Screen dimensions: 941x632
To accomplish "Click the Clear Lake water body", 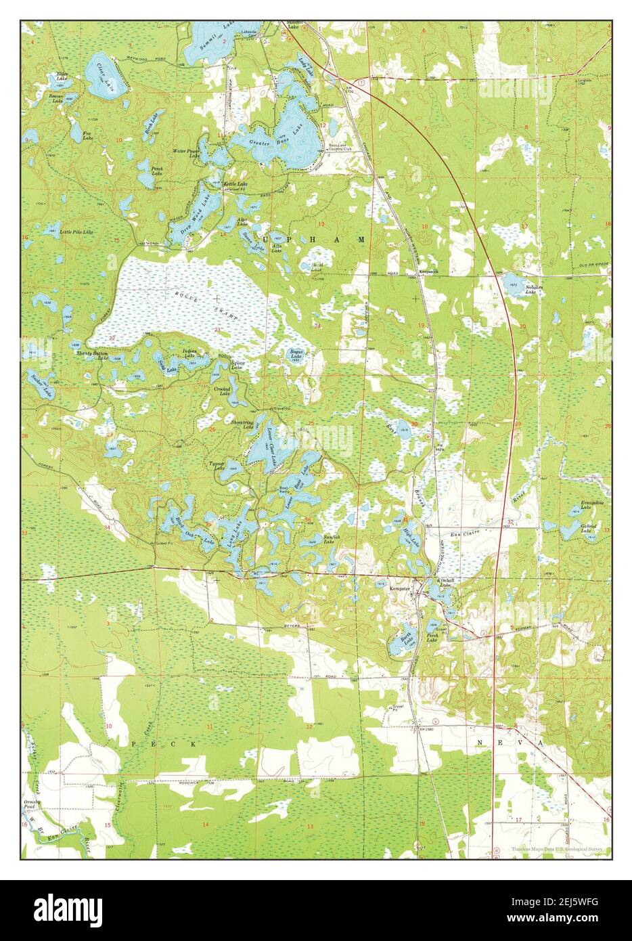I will click(x=106, y=74).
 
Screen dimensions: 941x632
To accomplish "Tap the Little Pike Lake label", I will click(x=76, y=232).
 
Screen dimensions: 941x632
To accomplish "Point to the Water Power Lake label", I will click(x=187, y=154).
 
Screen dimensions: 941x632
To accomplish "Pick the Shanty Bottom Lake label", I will click(x=92, y=355).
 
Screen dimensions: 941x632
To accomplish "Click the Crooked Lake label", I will click(x=223, y=392).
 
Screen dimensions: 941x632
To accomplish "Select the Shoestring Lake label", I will click(x=242, y=425).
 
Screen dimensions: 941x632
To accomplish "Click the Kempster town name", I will click(x=400, y=588).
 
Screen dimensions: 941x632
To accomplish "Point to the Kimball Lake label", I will click(x=444, y=584).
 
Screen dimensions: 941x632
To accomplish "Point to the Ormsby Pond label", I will click(x=33, y=805).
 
